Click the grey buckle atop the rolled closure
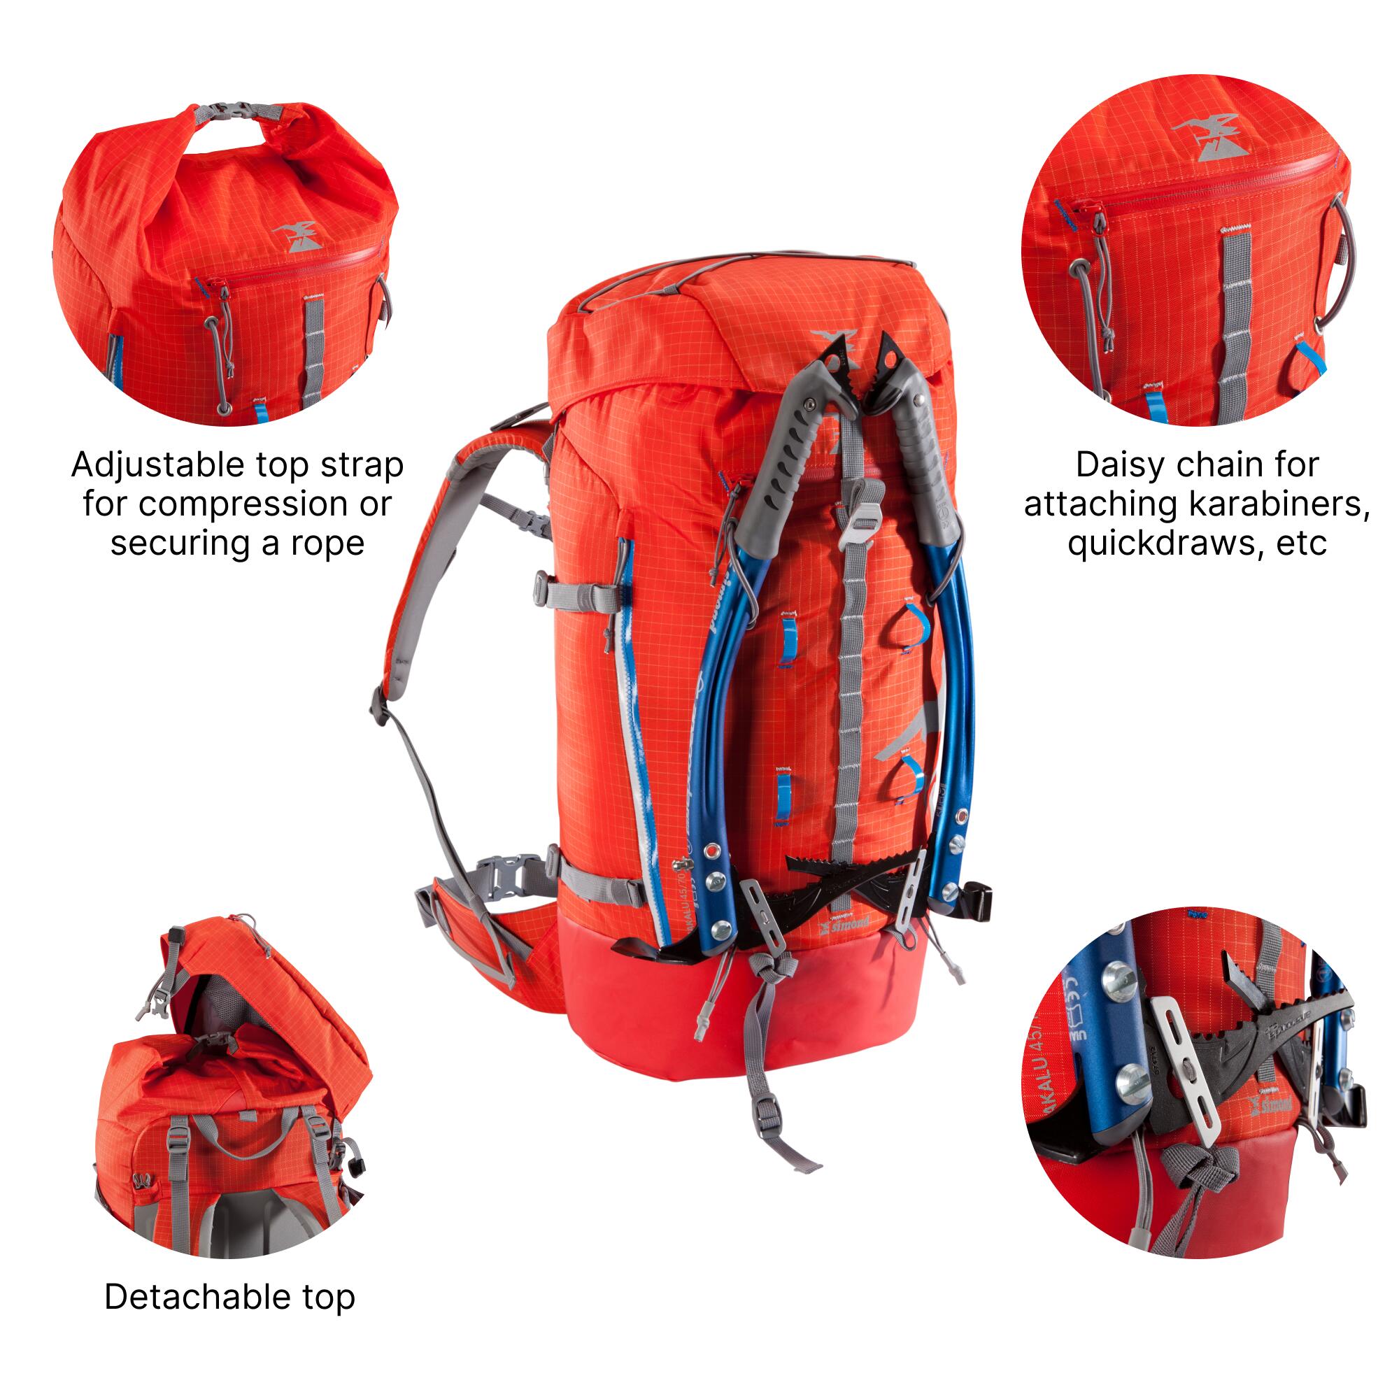239,111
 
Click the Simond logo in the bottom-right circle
1270,1102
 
